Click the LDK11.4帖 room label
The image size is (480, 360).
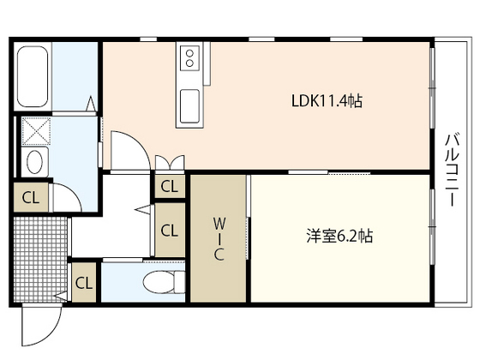tap(326, 101)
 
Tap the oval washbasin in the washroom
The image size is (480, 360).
tap(35, 161)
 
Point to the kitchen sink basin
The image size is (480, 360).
tap(188, 107)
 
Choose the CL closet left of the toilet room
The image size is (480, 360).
tap(84, 281)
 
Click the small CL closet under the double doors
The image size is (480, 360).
tap(169, 186)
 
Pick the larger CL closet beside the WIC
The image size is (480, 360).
tap(169, 230)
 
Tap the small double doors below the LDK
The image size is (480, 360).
tap(170, 161)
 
